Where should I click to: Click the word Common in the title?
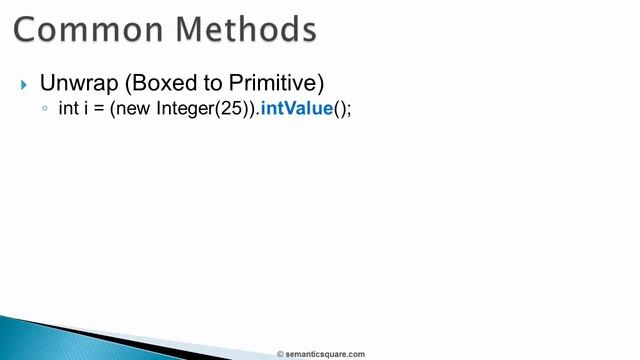[x=89, y=29]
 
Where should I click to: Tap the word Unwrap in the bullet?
[x=72, y=83]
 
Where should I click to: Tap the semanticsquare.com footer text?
[x=326, y=354]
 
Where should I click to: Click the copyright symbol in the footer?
[x=281, y=354]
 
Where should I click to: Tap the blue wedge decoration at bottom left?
[x=60, y=340]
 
